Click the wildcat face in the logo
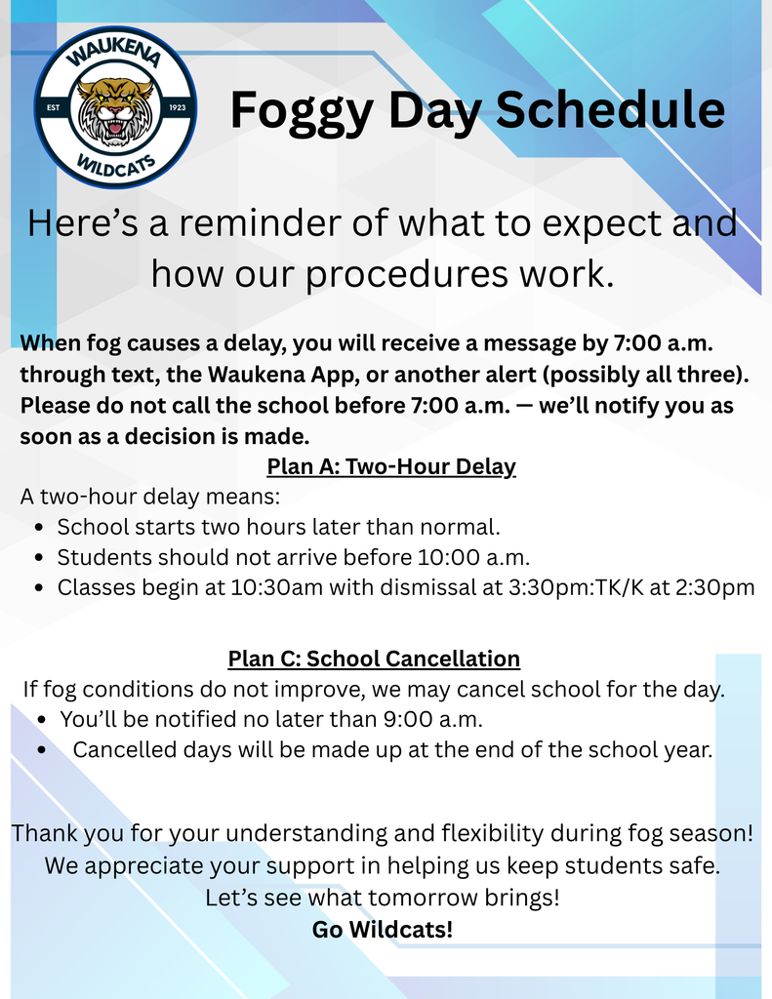pos(115,109)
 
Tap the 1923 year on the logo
pos(177,107)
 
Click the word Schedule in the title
pos(610,110)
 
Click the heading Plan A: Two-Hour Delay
pos(391,466)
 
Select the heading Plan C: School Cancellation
pos(374,659)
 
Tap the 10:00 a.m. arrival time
pos(473,558)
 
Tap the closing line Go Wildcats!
pos(383,930)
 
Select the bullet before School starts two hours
pos(37,528)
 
